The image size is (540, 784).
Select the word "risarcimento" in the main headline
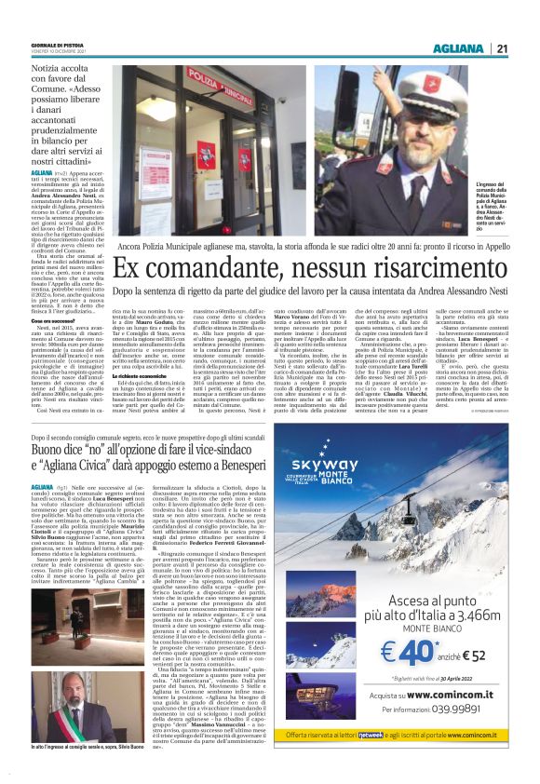(x=401, y=266)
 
